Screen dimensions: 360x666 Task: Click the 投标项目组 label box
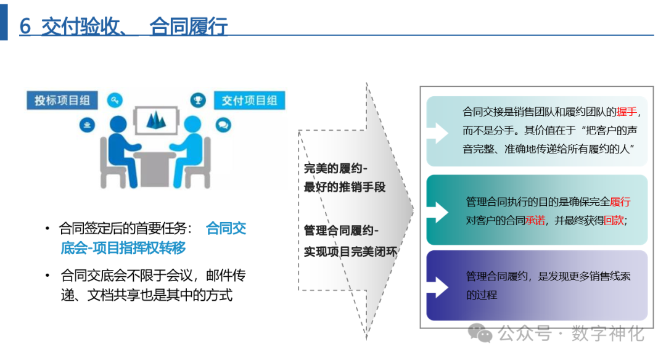[x=62, y=100]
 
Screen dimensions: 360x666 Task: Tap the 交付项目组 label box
[x=249, y=100]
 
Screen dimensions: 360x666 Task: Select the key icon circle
[x=115, y=100]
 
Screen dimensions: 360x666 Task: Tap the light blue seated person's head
[x=192, y=124]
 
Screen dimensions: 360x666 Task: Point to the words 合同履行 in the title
[x=188, y=27]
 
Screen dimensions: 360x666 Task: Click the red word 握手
[x=627, y=112]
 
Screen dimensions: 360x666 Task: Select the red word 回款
[x=614, y=220]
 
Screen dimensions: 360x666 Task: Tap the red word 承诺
[x=535, y=220]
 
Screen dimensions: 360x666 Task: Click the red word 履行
[x=620, y=202]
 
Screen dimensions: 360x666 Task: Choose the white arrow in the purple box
[x=441, y=287]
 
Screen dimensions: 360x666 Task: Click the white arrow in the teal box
[x=441, y=211]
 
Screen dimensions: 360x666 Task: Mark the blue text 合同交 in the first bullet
[x=226, y=229]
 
